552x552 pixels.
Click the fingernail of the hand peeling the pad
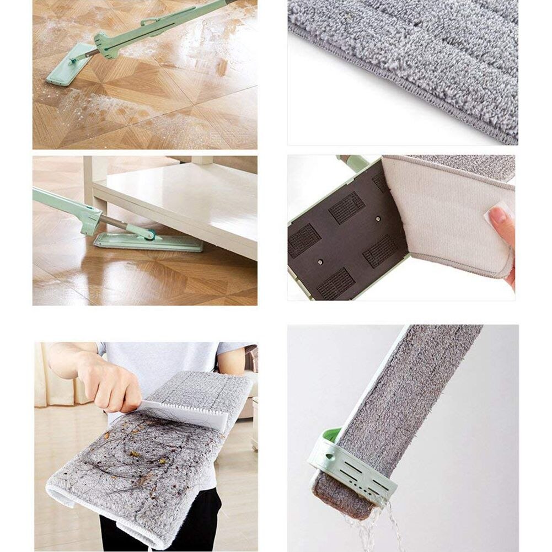point(498,216)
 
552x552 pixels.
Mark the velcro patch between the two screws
point(346,207)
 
